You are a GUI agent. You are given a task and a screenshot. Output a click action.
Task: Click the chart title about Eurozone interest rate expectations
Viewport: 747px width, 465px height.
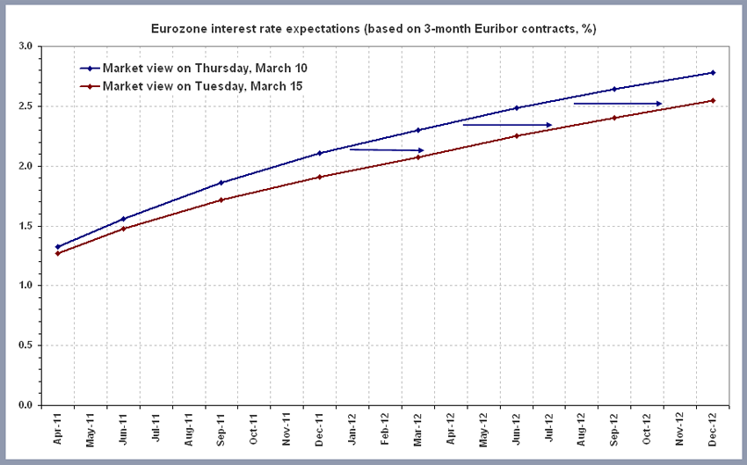click(x=373, y=30)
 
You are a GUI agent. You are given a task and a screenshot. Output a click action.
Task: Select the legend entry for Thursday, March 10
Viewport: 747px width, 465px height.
click(x=204, y=68)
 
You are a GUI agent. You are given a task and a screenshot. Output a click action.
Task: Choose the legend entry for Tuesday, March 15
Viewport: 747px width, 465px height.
click(x=202, y=86)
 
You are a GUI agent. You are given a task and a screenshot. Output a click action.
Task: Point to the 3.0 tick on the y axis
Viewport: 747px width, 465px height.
click(x=24, y=47)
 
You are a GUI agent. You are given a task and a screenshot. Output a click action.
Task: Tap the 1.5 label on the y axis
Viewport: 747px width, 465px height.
click(x=24, y=226)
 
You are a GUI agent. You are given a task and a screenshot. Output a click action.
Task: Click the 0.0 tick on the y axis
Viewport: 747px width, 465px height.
click(x=24, y=405)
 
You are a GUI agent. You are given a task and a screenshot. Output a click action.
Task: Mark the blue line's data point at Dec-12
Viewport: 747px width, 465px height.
click(x=713, y=72)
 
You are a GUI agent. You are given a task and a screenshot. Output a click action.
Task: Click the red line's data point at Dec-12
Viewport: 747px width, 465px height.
click(x=713, y=100)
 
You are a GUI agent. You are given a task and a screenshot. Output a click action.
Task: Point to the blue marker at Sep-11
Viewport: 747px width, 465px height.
click(x=221, y=183)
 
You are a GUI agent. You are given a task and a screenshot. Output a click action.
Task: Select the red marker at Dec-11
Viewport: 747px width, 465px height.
click(x=320, y=177)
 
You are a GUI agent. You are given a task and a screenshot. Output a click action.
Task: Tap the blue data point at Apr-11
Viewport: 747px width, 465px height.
click(x=58, y=247)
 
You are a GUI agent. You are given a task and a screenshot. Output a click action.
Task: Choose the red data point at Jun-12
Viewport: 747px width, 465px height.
click(x=517, y=135)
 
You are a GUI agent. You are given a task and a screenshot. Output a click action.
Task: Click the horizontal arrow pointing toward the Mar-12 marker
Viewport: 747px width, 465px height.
click(x=387, y=149)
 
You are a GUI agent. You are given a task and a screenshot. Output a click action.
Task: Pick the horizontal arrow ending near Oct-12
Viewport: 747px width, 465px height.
click(x=618, y=104)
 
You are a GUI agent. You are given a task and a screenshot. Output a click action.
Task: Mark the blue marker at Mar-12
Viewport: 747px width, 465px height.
click(x=418, y=130)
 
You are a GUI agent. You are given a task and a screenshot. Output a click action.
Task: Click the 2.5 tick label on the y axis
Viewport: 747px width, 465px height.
click(x=24, y=106)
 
